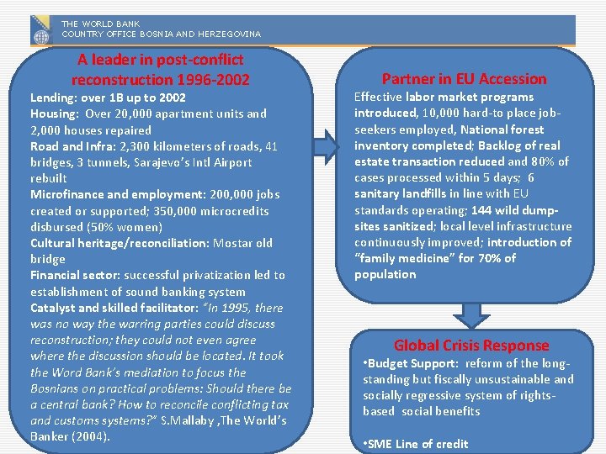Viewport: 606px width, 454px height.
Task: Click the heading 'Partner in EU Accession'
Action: click(x=464, y=79)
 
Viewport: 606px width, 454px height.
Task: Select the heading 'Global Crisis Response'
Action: click(x=470, y=346)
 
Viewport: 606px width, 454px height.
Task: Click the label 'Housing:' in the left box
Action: click(x=55, y=113)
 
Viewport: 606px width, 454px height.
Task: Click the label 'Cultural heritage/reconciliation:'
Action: click(x=120, y=243)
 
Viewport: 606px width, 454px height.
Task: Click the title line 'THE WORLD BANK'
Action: click(x=100, y=24)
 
